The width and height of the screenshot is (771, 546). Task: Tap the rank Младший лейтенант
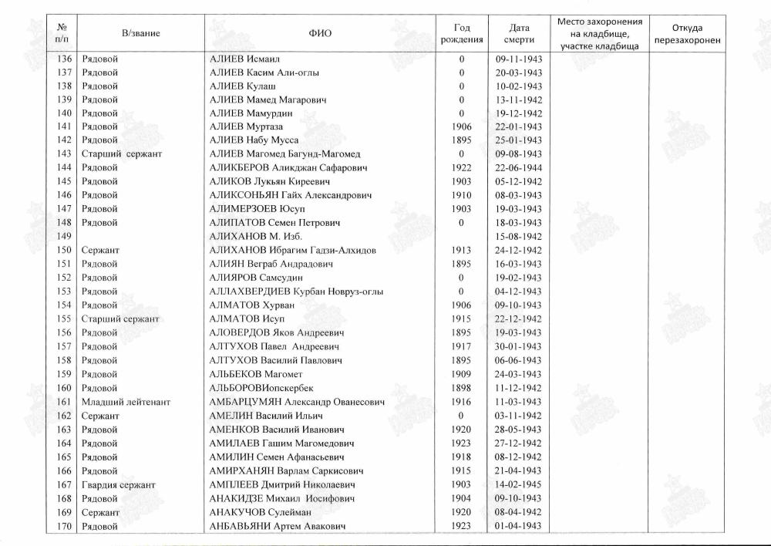(x=126, y=402)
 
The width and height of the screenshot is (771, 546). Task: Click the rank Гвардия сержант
(x=119, y=484)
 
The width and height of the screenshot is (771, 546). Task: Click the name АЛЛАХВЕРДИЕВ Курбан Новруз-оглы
(x=296, y=292)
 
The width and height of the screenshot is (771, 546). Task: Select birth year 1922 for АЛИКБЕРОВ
(x=462, y=167)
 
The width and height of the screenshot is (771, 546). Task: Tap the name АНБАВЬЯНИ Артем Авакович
(x=277, y=526)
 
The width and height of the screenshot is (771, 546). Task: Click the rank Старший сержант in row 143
(x=122, y=153)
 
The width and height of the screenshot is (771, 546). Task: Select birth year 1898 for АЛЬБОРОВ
(x=462, y=388)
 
